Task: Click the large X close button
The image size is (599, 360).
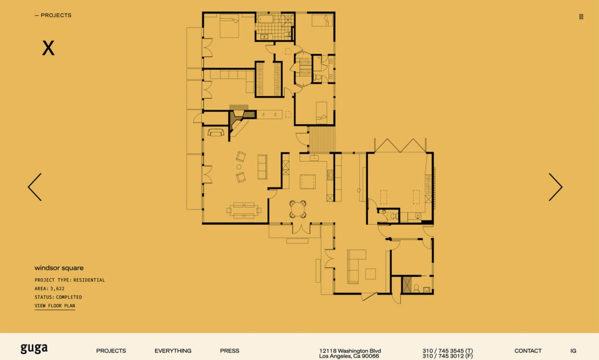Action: click(48, 48)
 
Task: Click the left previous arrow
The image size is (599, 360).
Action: click(35, 187)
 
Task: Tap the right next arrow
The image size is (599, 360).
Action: click(556, 187)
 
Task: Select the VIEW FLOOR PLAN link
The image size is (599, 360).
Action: click(54, 306)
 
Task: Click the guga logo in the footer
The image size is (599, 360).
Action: click(34, 348)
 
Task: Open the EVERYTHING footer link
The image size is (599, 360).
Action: click(173, 351)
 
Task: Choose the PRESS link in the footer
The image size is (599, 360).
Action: click(229, 351)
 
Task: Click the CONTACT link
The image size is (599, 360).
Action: click(528, 351)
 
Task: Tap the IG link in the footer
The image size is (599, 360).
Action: click(573, 351)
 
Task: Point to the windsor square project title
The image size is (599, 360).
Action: click(59, 268)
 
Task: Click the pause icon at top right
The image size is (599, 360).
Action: click(581, 16)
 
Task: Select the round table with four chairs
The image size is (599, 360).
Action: click(298, 209)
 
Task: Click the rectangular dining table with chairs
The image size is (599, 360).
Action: click(244, 210)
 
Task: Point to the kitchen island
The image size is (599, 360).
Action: click(308, 181)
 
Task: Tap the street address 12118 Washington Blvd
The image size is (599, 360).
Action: click(350, 351)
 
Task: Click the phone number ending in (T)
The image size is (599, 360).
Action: click(447, 351)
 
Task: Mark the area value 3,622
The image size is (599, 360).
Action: click(57, 289)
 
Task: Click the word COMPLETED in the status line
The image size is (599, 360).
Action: click(69, 297)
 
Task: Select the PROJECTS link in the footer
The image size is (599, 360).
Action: click(111, 351)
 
